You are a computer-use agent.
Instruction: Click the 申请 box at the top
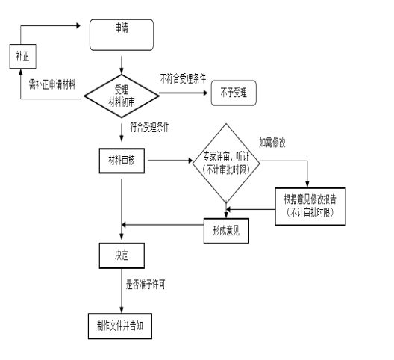click(122, 34)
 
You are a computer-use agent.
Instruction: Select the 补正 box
click(23, 56)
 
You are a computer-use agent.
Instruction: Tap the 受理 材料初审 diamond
click(122, 96)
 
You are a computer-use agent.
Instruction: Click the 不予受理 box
click(234, 93)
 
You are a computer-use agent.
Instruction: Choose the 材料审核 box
click(122, 161)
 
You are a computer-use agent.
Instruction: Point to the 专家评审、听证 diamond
click(226, 163)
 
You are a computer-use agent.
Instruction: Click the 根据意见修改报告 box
click(310, 207)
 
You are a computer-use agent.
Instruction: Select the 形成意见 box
click(226, 231)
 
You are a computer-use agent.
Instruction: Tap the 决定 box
click(122, 255)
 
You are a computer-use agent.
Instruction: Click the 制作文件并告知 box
click(120, 326)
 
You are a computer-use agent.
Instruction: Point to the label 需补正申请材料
click(52, 84)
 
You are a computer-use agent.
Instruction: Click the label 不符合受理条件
click(183, 78)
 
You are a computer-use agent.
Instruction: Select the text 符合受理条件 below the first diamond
click(150, 127)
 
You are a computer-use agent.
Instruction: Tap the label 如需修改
click(272, 143)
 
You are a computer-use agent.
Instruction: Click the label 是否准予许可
click(146, 285)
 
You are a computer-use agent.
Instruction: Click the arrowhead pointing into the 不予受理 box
click(205, 93)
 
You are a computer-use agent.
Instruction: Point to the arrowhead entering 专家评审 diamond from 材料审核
click(190, 161)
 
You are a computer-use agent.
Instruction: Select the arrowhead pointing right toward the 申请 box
click(78, 25)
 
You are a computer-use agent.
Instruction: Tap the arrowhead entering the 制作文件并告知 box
click(122, 310)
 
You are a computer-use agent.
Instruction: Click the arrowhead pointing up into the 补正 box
click(21, 72)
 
